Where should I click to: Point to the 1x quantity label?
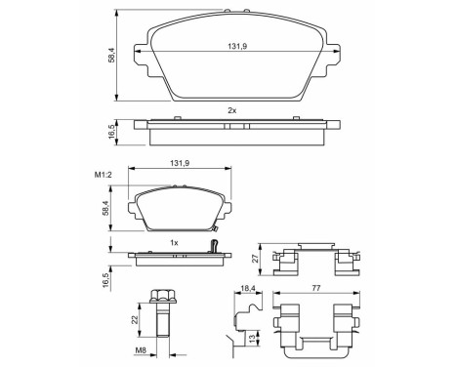[x=172, y=241]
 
